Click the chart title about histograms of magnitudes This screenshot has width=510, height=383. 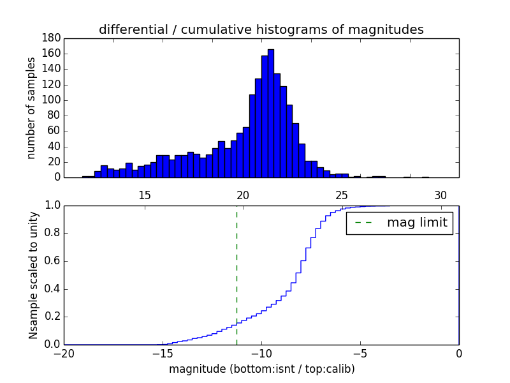pos(261,29)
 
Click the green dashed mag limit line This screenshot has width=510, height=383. pos(237,274)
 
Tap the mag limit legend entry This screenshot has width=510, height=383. pos(400,223)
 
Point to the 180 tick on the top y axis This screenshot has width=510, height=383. pos(52,38)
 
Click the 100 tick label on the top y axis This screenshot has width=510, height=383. pos(52,100)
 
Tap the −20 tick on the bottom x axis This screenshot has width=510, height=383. pos(64,354)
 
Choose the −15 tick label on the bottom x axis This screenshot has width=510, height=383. pos(163,354)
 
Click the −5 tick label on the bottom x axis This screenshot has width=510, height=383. pos(360,354)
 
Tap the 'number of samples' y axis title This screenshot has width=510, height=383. pos(31,108)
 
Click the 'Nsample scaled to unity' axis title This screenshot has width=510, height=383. pos(33,274)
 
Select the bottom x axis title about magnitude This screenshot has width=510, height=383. pos(261,369)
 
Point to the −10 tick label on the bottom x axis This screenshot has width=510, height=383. pos(261,354)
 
